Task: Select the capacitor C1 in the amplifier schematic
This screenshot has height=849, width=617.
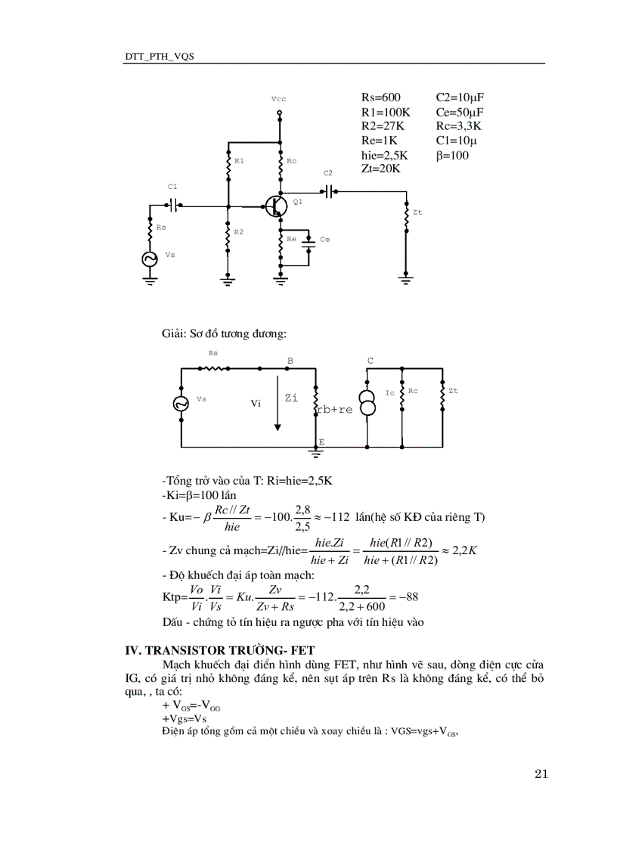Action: coord(175,204)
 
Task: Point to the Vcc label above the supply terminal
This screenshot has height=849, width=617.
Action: coord(278,99)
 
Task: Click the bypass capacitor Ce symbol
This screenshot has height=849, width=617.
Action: coord(308,241)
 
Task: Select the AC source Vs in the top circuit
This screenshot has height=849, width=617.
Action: coord(150,259)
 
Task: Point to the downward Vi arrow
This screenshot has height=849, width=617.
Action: coord(277,408)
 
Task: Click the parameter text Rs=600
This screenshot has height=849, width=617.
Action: coord(381,98)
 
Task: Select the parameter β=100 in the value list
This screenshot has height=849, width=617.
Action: coord(452,155)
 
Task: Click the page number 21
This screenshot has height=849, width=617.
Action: coord(540,773)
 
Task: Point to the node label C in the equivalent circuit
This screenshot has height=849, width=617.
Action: coord(371,361)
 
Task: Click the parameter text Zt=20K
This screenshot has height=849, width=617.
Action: coord(381,169)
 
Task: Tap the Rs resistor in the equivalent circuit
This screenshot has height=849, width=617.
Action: coord(212,368)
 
